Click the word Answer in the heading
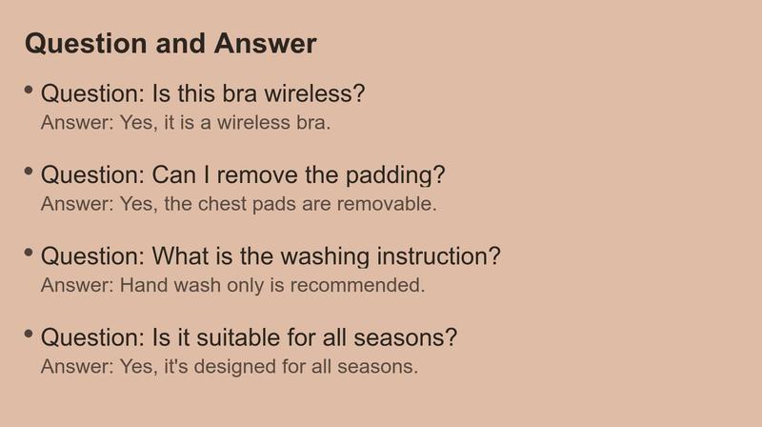266,43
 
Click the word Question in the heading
86,44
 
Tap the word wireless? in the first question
314,93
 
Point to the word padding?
395,175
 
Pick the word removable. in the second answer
387,204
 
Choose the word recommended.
358,285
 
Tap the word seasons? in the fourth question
406,337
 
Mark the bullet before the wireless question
29,90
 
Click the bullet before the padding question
29,172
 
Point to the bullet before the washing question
29,253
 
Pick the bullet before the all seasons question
29,334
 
